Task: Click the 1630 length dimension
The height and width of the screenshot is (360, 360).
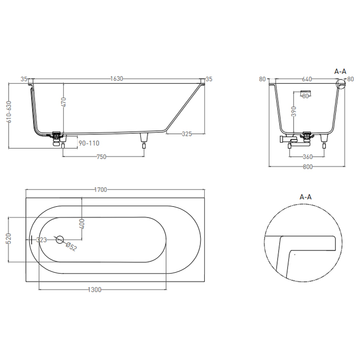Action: (x=117, y=79)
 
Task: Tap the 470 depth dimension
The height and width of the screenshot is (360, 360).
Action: (x=64, y=102)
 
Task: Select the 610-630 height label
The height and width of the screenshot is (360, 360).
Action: (x=9, y=112)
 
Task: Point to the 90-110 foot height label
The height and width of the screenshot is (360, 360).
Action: (x=89, y=143)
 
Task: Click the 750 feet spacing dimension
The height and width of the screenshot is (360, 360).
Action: (x=101, y=157)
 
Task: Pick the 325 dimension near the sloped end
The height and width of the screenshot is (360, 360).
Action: (x=187, y=134)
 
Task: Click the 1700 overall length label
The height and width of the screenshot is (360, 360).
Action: (x=101, y=190)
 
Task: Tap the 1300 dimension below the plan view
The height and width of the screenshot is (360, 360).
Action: (x=95, y=290)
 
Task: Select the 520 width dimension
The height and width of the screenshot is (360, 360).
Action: (x=9, y=238)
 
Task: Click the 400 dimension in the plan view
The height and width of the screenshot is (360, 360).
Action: (x=82, y=224)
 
